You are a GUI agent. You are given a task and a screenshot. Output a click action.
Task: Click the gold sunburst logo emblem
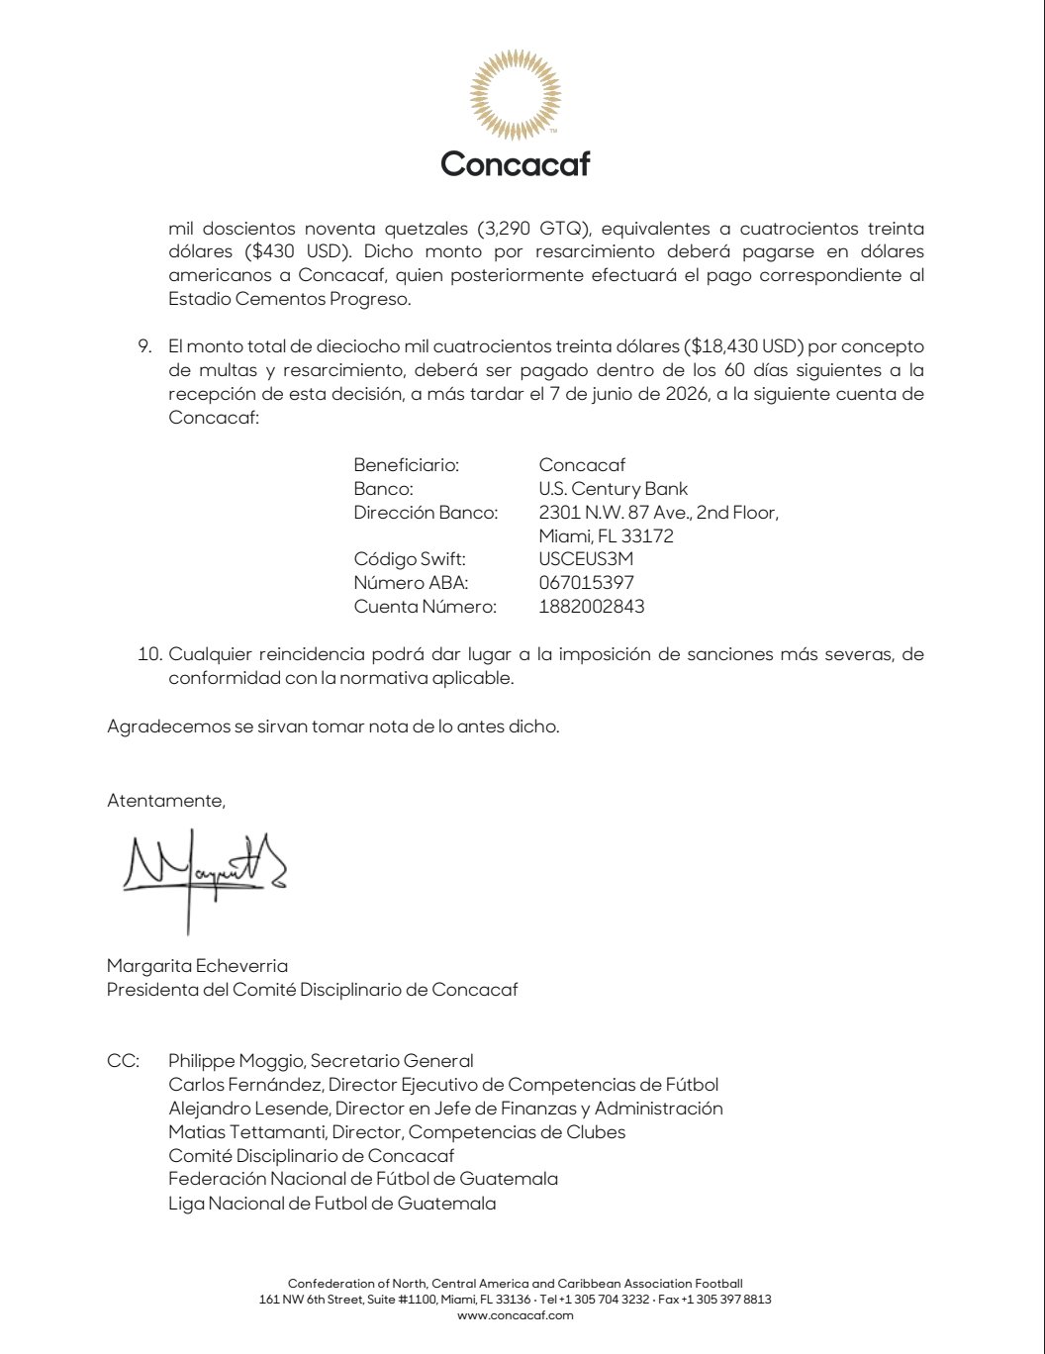515,96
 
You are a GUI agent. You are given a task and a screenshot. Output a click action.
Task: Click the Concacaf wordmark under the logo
515,163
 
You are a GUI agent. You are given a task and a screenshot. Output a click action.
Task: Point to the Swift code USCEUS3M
586,559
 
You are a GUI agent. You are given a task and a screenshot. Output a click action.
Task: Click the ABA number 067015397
586,583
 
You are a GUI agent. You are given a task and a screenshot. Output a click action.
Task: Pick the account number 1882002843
591,607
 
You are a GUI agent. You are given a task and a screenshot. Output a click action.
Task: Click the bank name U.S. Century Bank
613,489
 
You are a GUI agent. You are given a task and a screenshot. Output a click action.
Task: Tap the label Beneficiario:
406,465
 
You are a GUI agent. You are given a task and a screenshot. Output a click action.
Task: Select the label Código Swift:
409,559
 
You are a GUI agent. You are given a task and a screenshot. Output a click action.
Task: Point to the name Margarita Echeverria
197,965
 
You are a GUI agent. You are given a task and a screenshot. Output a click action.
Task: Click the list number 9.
142,346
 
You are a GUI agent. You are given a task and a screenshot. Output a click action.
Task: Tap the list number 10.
147,655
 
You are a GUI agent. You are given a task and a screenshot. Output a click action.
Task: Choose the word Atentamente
165,801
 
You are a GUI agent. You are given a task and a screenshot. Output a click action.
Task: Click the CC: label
123,1061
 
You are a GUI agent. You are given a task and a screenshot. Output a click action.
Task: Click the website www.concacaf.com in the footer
515,1315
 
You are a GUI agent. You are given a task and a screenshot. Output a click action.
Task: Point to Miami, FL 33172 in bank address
606,536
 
